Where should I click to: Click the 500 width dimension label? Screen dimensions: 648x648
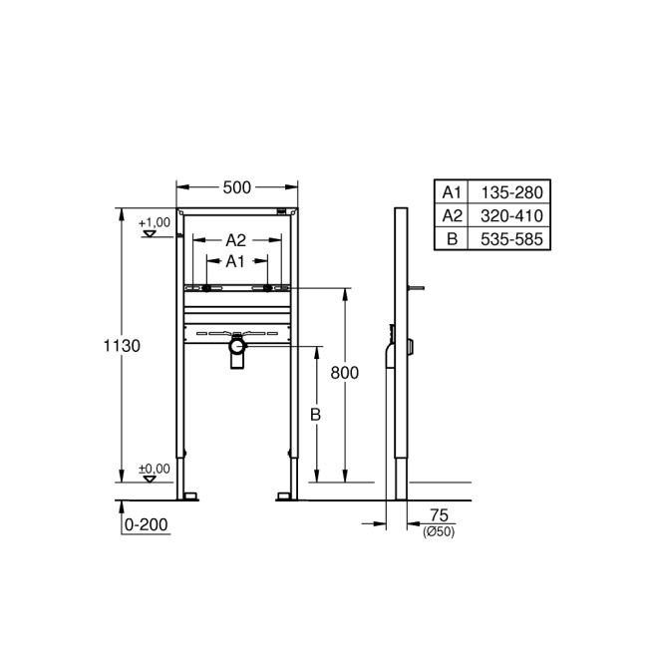tap(237, 186)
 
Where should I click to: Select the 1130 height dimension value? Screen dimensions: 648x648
tap(122, 345)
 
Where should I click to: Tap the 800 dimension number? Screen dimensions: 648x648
tap(344, 371)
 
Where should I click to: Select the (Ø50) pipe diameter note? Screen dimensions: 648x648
tap(439, 531)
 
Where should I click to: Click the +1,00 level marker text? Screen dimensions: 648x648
tap(154, 221)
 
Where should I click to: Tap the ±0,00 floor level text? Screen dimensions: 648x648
tap(154, 468)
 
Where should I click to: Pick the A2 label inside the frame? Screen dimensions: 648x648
tap(235, 240)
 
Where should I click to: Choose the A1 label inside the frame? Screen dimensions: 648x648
tap(235, 261)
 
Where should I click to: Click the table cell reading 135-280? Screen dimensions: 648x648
tap(507, 192)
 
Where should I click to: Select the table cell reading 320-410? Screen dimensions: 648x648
tap(507, 215)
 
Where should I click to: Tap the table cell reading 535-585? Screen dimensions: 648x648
tap(507, 238)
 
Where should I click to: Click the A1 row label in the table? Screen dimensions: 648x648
tap(453, 192)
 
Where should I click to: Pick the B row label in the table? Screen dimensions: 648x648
tap(453, 238)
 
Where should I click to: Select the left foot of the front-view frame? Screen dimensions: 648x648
tap(186, 494)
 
